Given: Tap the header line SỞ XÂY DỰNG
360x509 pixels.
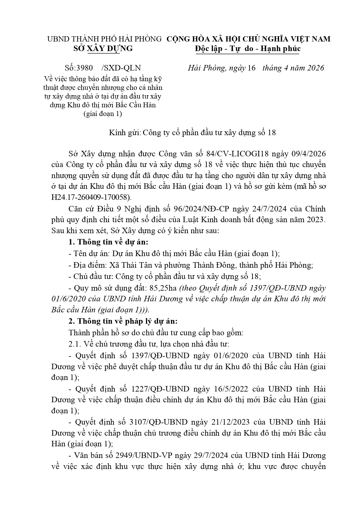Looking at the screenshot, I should [103, 48].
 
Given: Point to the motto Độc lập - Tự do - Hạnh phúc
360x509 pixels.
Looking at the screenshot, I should [248, 48].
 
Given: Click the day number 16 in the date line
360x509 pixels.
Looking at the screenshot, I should [252, 68].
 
